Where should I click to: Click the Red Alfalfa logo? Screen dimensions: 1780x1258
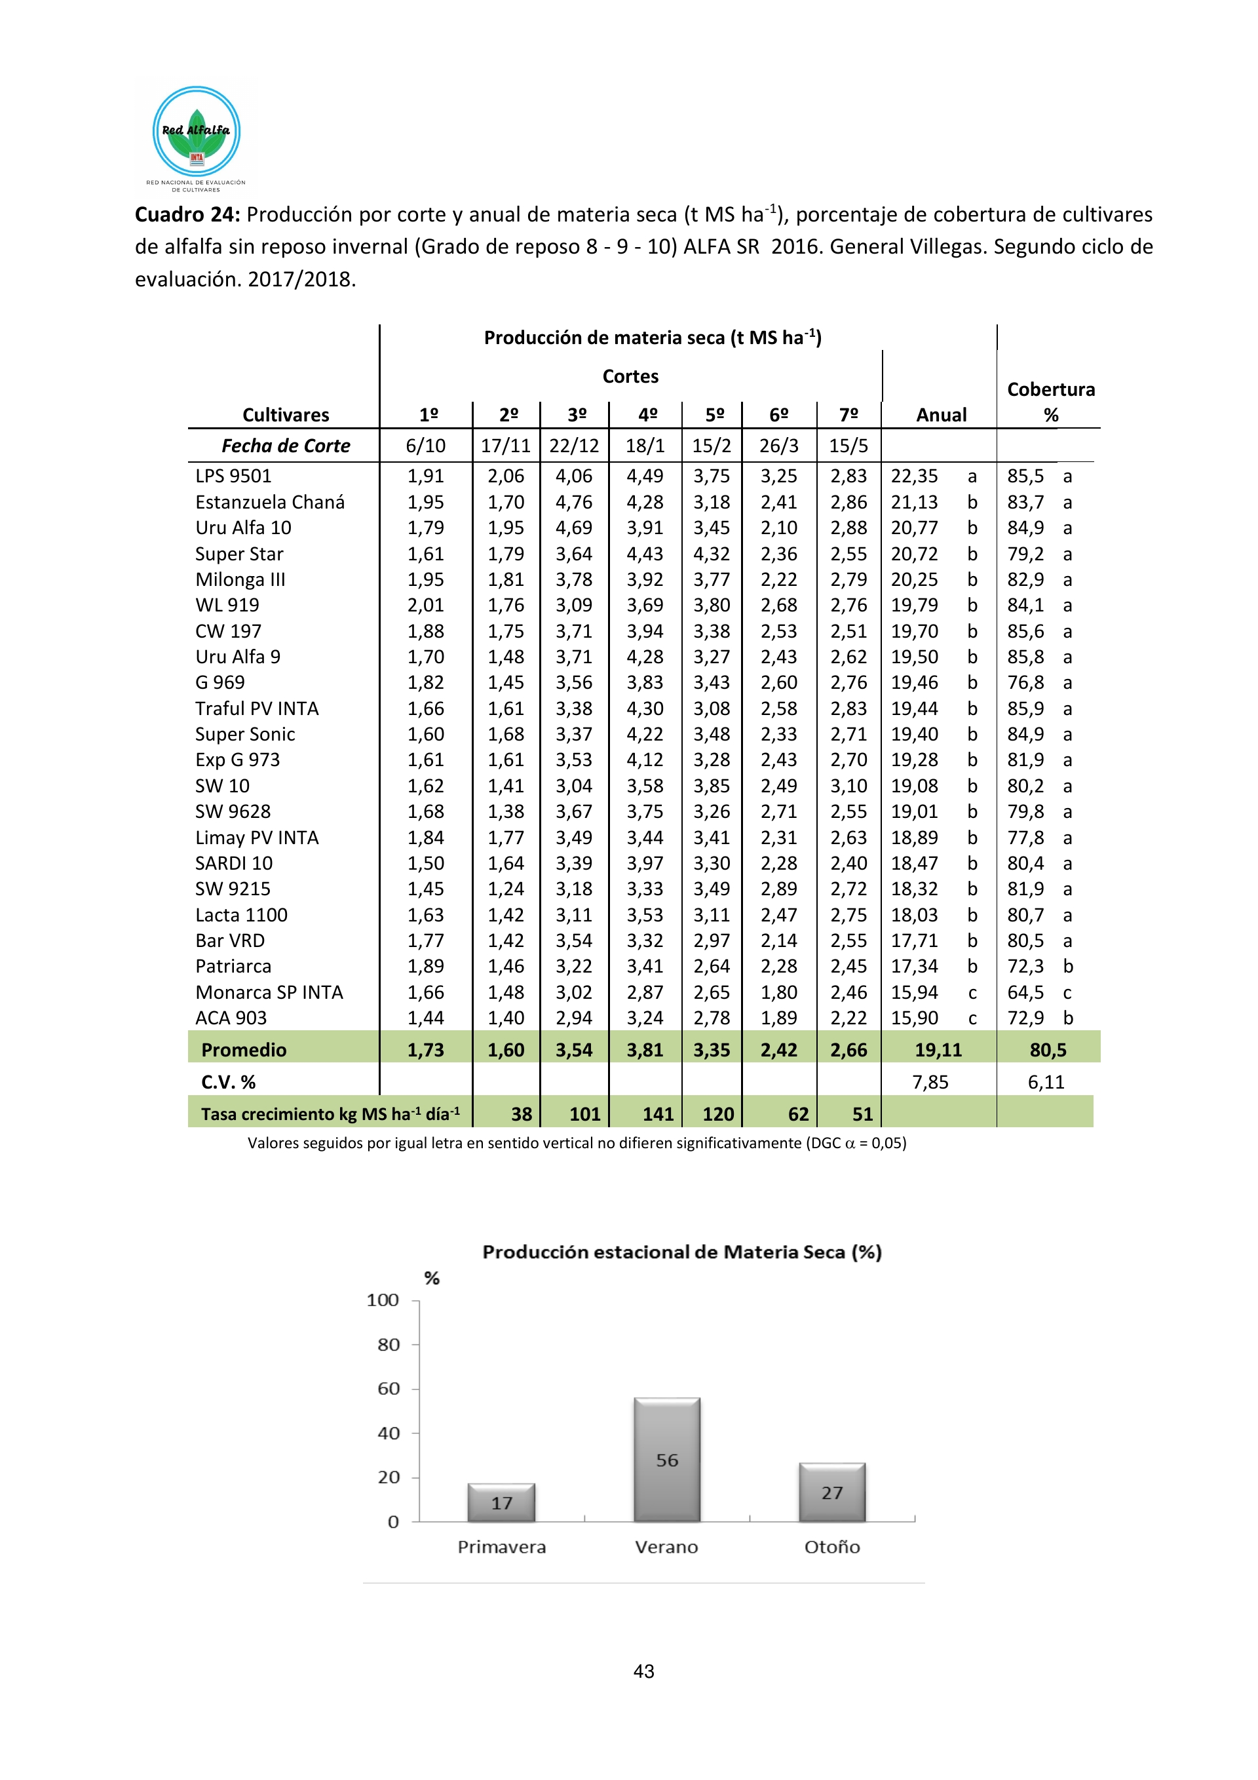tap(196, 133)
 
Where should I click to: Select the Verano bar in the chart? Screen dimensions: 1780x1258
tap(666, 1459)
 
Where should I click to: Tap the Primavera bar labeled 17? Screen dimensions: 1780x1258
tap(501, 1503)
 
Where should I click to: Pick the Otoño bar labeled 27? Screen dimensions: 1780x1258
tap(831, 1492)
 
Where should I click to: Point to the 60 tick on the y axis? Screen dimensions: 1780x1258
tap(389, 1389)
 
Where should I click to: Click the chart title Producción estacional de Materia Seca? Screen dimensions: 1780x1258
tap(681, 1252)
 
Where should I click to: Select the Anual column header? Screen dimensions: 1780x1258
tap(941, 415)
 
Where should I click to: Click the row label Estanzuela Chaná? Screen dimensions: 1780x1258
tap(270, 503)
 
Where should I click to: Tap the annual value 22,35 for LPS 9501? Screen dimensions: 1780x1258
tap(914, 476)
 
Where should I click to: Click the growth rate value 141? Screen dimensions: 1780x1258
tap(657, 1114)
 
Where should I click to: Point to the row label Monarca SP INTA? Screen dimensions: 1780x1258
tap(269, 992)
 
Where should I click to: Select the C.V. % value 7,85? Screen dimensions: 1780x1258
tap(930, 1081)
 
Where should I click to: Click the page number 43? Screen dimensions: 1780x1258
tap(643, 1671)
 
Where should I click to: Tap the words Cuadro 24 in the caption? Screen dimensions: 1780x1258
tap(187, 215)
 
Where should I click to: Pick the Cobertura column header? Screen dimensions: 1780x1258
tap(1050, 401)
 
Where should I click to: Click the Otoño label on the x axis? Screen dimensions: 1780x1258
tap(831, 1547)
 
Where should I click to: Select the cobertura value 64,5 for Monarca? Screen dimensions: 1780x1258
tap(1025, 992)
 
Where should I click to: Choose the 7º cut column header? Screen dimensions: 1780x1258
tap(848, 415)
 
